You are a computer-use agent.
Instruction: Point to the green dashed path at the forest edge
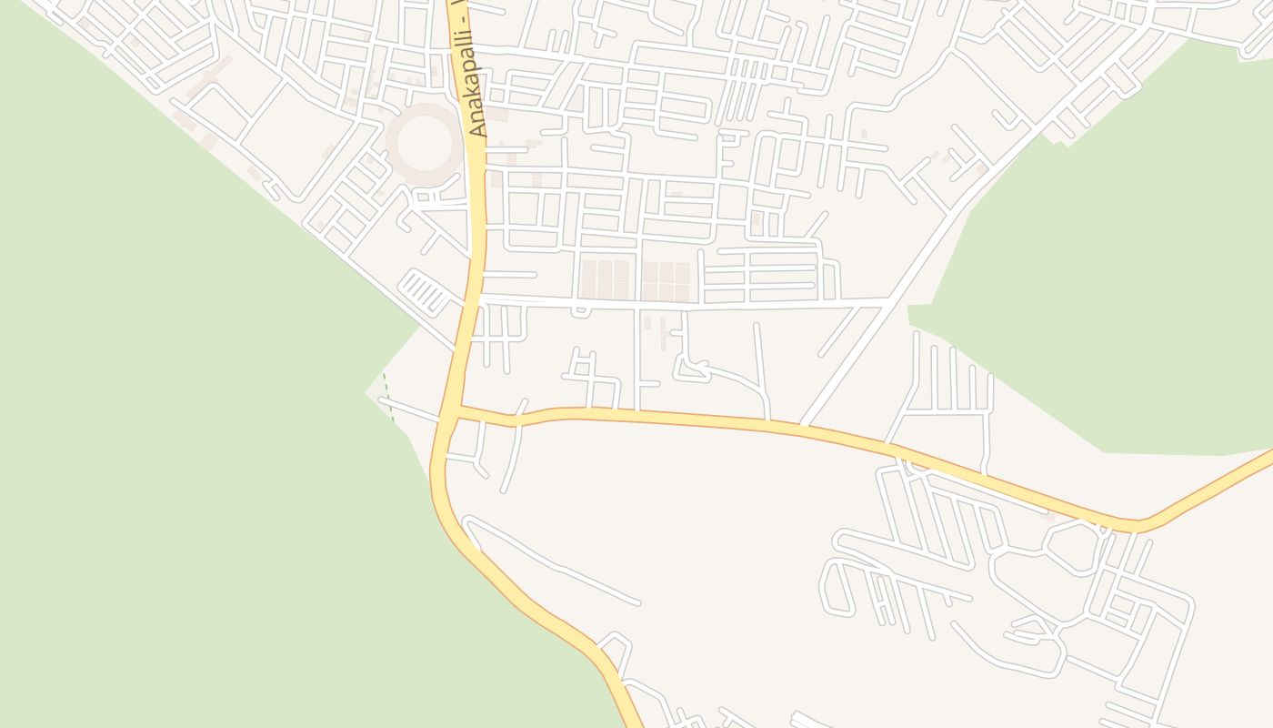coord(388,396)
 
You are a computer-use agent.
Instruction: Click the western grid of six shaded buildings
coord(606,279)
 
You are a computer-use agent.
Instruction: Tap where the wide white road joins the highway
coord(479,298)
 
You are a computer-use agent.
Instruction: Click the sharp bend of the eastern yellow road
coord(1137,526)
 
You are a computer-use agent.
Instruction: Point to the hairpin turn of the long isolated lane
coord(467,523)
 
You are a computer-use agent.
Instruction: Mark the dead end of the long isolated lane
coord(638,602)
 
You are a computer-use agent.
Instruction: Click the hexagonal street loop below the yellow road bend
coord(1073,546)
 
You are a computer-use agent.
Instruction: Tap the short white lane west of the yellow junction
coord(409,409)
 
